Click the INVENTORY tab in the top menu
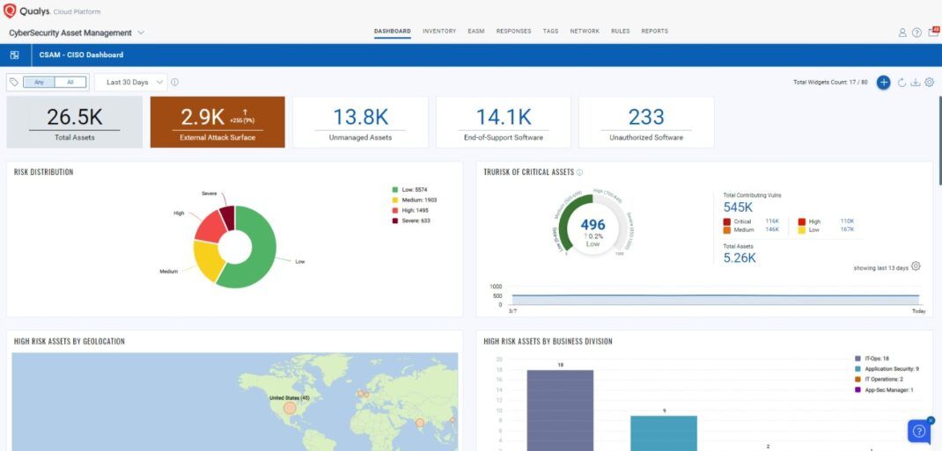tap(439, 31)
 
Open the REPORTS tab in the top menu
tap(654, 31)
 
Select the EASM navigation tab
tap(476, 31)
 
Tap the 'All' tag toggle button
tap(70, 82)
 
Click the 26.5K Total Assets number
tap(75, 117)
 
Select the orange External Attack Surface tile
tap(217, 122)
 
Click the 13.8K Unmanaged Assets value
tap(360, 117)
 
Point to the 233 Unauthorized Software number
tap(646, 117)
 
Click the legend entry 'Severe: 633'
tap(416, 221)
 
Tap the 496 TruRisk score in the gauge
tap(593, 224)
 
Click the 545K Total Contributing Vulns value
tap(738, 207)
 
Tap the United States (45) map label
tap(288, 398)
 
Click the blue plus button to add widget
tap(883, 82)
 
